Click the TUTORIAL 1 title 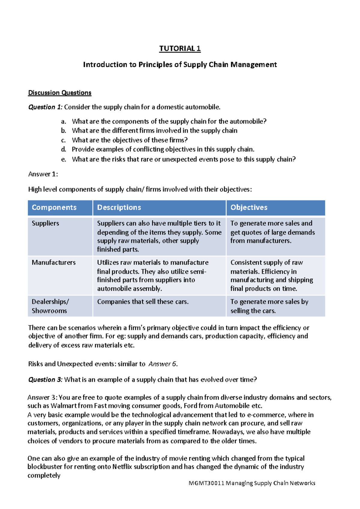pyautogui.click(x=180, y=49)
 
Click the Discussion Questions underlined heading pyautogui.click(x=60, y=93)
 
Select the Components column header pyautogui.click(x=54, y=207)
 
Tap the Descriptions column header pyautogui.click(x=119, y=207)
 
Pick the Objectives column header pyautogui.click(x=249, y=207)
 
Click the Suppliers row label pyautogui.click(x=45, y=223)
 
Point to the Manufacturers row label pyautogui.click(x=54, y=263)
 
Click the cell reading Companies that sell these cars pyautogui.click(x=143, y=302)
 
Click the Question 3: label pyautogui.click(x=45, y=380)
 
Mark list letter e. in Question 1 pyautogui.click(x=64, y=159)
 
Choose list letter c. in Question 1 pyautogui.click(x=63, y=140)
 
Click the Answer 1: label pyautogui.click(x=43, y=174)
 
